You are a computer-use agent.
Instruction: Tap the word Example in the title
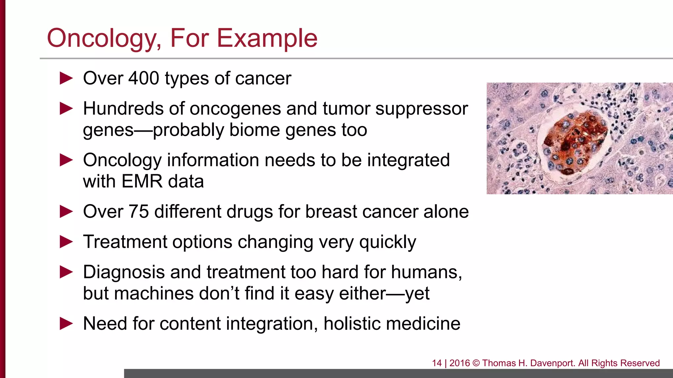[x=267, y=39]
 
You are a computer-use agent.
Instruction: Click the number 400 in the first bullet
[x=144, y=78]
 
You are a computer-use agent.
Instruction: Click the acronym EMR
[x=142, y=181]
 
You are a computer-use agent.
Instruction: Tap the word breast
[x=331, y=212]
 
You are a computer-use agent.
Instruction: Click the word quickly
[x=387, y=242]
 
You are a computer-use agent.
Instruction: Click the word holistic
[x=352, y=324]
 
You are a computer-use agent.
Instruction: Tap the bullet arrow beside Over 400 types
[x=66, y=79]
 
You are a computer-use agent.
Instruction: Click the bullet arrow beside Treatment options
[x=66, y=242]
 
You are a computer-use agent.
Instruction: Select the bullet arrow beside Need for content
[x=66, y=324]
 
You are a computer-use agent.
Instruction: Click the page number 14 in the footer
[x=437, y=363]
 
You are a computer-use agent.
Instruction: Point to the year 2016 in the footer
[x=460, y=363]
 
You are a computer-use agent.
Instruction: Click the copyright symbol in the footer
[x=476, y=363]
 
